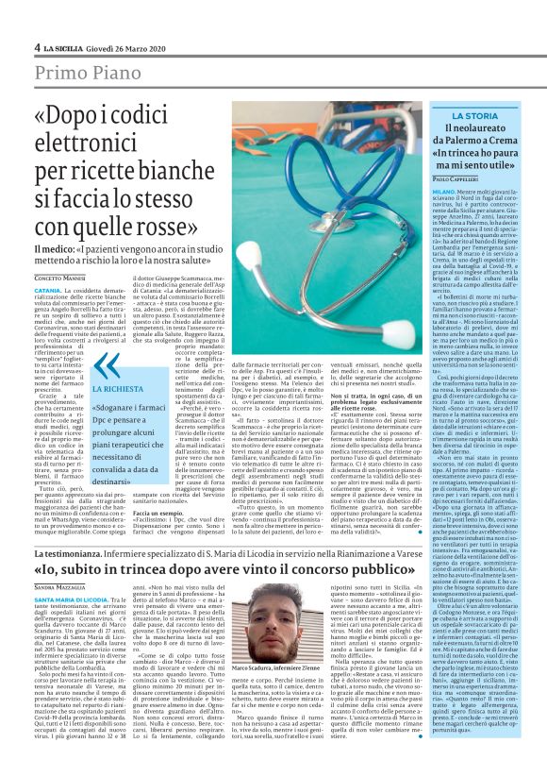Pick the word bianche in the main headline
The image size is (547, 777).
197,169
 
